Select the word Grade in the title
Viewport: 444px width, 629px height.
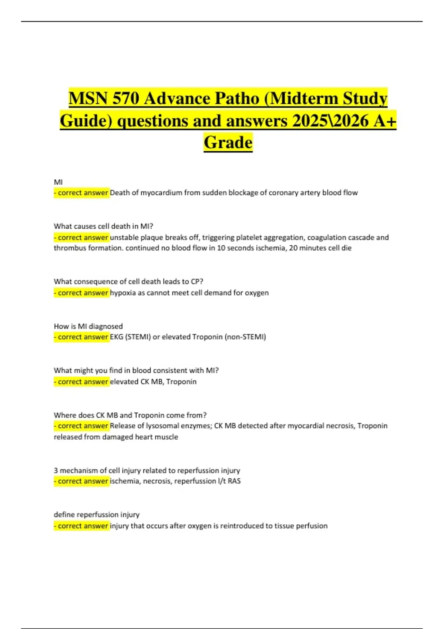(x=228, y=143)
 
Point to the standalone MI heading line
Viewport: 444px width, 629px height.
(x=58, y=182)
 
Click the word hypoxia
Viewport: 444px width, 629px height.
(x=123, y=293)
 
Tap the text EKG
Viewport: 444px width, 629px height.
(x=117, y=337)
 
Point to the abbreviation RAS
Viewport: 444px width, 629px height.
(x=234, y=481)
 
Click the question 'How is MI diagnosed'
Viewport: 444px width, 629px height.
(x=88, y=326)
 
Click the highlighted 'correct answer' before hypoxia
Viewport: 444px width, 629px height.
(x=81, y=293)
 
